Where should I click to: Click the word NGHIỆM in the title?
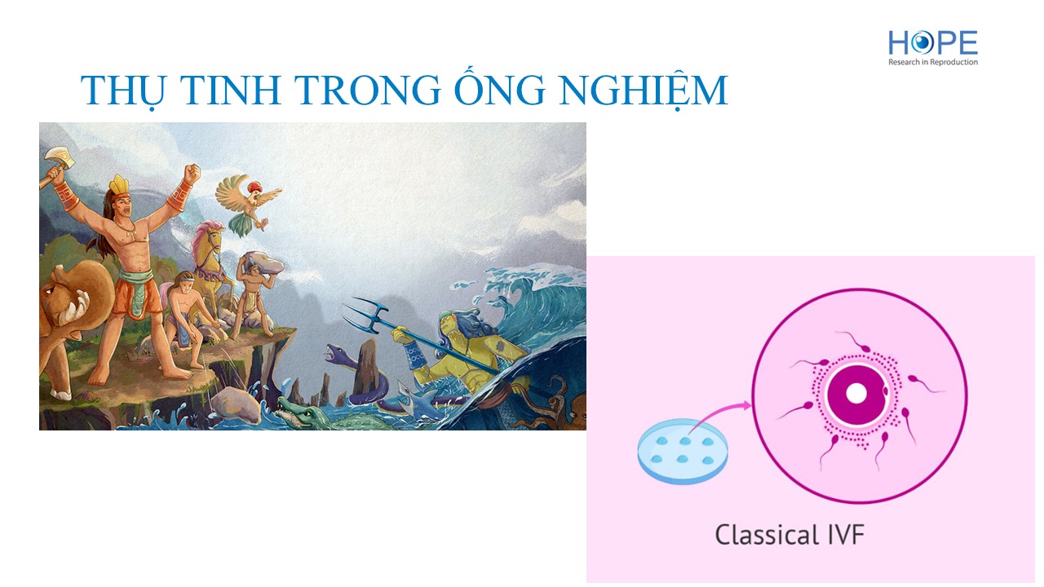click(x=644, y=90)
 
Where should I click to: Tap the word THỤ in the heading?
click(x=125, y=90)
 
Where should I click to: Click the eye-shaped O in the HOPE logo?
click(x=922, y=43)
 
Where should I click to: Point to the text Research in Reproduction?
click(x=932, y=62)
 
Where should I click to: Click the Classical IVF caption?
click(x=790, y=535)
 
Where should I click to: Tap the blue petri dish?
click(x=683, y=452)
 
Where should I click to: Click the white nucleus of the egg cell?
click(x=856, y=394)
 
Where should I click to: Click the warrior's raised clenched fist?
click(x=192, y=174)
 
